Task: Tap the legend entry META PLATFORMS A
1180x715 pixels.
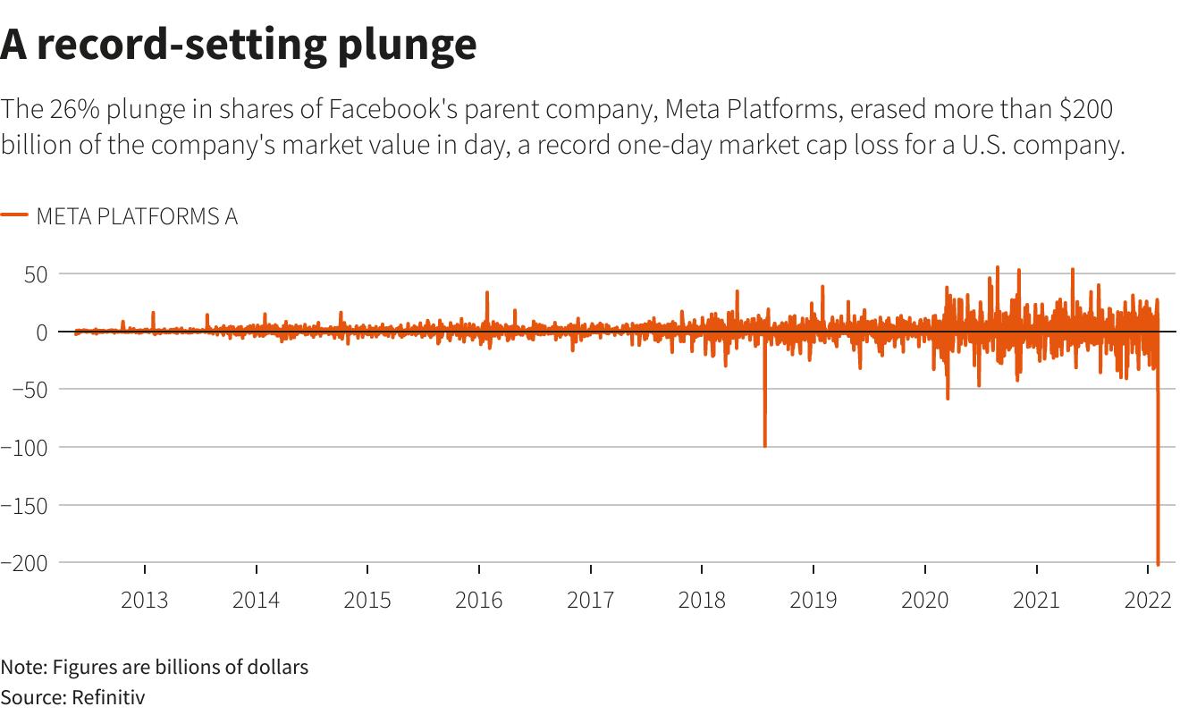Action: (x=136, y=216)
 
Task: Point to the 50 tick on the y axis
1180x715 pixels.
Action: (x=35, y=273)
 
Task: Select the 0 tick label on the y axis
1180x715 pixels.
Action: (x=42, y=332)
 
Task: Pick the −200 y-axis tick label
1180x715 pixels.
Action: (x=23, y=562)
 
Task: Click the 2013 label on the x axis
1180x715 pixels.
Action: (x=144, y=599)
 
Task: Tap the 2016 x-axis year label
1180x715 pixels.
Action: (x=478, y=599)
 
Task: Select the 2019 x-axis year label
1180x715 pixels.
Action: (x=813, y=599)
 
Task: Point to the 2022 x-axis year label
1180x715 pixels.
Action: (x=1148, y=599)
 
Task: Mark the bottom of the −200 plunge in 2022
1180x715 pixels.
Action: (x=1158, y=564)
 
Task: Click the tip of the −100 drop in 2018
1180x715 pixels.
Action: (x=764, y=445)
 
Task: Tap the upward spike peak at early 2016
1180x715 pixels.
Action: (x=487, y=292)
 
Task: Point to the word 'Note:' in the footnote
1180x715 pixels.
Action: (x=24, y=667)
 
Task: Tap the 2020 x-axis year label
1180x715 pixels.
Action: (x=924, y=599)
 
